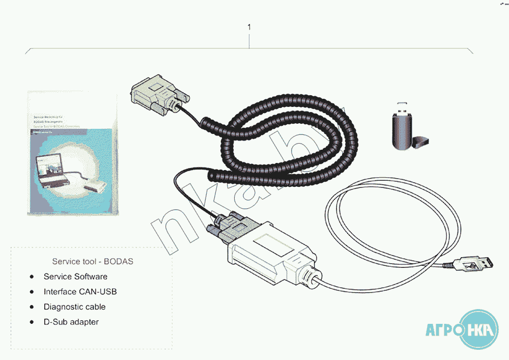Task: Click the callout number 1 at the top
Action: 249,27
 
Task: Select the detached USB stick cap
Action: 421,141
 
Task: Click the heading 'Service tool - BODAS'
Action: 93,261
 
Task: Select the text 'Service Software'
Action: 75,276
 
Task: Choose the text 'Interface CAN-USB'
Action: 80,292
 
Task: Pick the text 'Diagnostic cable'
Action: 75,307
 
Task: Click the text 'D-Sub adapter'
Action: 71,322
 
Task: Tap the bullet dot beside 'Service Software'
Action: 32,276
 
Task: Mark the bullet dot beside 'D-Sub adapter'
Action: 32,322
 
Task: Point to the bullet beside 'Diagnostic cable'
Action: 32,307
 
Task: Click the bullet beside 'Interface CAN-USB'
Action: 32,292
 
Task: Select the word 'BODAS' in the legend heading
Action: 118,261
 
